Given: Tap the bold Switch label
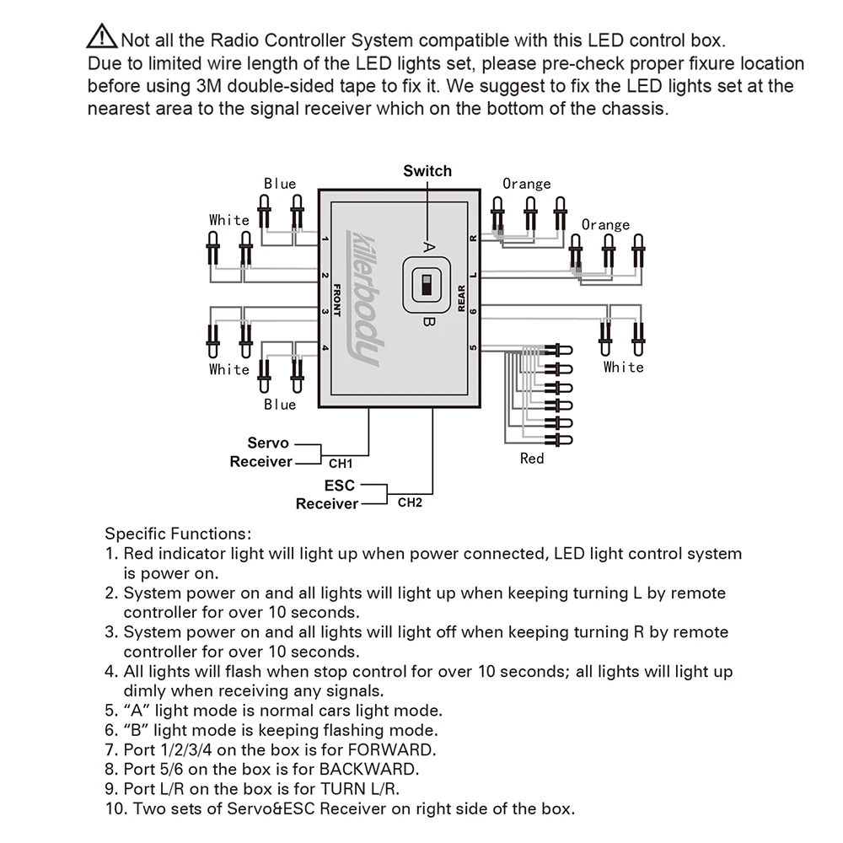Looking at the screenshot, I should (x=427, y=171).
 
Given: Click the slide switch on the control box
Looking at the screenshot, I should (x=427, y=286).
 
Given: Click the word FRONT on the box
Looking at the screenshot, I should (x=336, y=298).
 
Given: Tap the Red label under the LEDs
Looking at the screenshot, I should (x=532, y=459).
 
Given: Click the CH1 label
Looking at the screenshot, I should (x=341, y=463).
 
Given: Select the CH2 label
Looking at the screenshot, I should (x=410, y=503).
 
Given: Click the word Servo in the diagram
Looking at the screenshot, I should (x=268, y=443).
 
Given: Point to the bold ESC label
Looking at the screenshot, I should (x=340, y=486).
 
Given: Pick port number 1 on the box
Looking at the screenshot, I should (x=325, y=242).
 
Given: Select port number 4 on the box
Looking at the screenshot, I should (x=325, y=347).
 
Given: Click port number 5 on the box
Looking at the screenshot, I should (x=473, y=347).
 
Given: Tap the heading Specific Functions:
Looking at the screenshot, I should (x=177, y=534).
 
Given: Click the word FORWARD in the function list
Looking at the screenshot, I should (x=394, y=749).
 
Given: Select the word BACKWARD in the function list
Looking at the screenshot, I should (x=373, y=770).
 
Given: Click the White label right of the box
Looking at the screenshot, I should (x=623, y=368).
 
